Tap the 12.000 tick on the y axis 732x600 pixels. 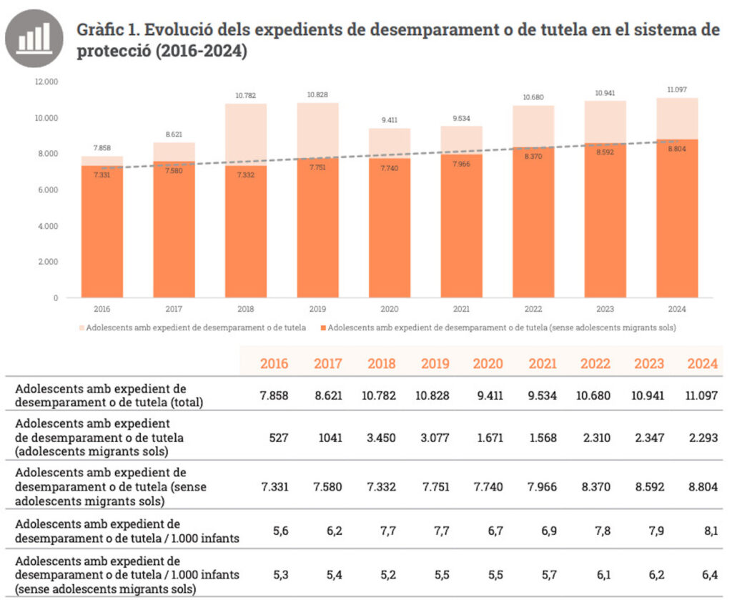46,82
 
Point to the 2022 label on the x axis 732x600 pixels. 533,309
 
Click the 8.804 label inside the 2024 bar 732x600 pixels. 677,148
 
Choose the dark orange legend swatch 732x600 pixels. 325,328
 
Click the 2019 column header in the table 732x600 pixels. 435,363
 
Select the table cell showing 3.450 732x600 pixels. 381,437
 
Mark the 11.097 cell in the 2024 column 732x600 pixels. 703,395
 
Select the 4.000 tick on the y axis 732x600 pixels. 47,226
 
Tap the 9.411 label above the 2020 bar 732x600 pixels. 390,120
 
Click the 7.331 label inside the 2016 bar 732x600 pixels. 102,175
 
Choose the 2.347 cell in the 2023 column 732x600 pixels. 649,437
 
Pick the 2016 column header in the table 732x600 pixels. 274,363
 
